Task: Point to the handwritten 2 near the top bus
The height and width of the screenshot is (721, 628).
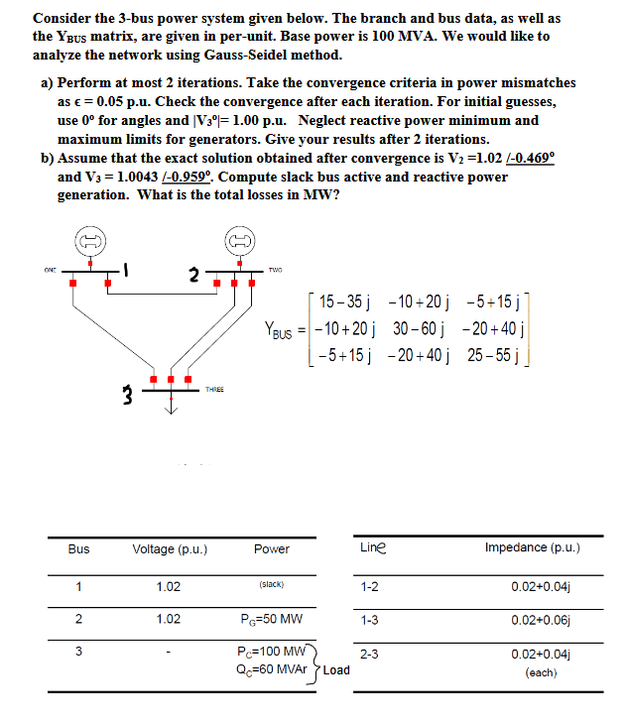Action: point(195,273)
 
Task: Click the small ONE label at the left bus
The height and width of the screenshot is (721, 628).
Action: point(50,266)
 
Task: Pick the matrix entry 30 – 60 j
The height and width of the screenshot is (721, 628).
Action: point(418,328)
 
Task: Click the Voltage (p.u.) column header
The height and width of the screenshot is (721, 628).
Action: point(169,548)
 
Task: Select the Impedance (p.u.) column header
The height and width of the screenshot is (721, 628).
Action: point(532,547)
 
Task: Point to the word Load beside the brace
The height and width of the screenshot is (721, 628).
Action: point(336,669)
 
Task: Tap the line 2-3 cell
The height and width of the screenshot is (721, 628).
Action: point(369,654)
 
